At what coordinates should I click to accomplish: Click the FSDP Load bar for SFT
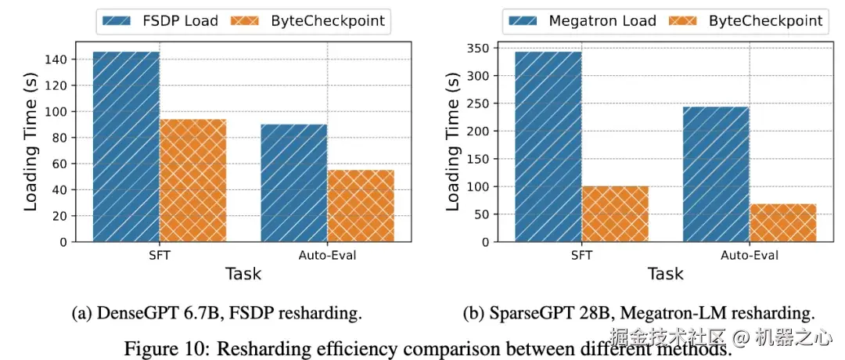point(126,146)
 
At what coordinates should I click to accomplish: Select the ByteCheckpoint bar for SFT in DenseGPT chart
point(193,181)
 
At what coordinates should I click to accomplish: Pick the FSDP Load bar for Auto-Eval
point(294,183)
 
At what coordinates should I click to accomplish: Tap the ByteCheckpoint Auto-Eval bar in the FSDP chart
point(361,206)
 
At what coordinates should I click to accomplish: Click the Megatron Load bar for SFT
point(548,146)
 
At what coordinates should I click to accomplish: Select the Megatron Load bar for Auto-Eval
point(716,174)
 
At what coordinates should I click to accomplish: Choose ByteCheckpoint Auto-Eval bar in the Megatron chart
point(782,223)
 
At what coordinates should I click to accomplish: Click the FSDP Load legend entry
point(161,21)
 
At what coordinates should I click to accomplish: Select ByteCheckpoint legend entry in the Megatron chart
point(746,21)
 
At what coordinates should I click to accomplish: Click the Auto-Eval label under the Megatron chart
point(749,255)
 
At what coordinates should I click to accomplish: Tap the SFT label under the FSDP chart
point(160,255)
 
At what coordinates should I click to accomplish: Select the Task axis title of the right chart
point(666,273)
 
